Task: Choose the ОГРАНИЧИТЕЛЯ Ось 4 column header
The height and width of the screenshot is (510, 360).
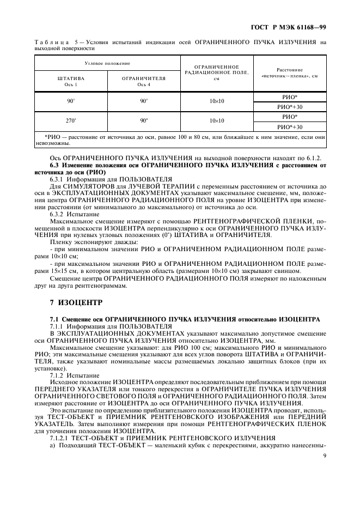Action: [144, 81]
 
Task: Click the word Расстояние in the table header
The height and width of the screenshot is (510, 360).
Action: [290, 70]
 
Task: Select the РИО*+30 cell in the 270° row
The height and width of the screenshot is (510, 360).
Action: [290, 126]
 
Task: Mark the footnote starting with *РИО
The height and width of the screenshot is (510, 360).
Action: [180, 140]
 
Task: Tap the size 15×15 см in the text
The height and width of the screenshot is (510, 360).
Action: [66, 270]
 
